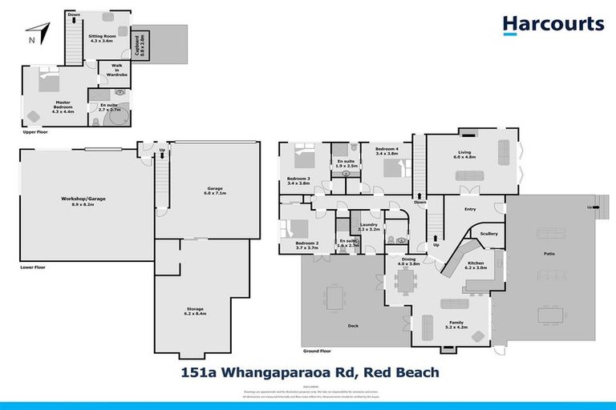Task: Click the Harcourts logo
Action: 553,24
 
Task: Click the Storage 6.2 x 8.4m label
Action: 195,311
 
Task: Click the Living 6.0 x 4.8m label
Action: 465,155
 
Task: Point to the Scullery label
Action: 488,234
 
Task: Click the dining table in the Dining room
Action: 407,281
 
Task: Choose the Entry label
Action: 470,210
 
